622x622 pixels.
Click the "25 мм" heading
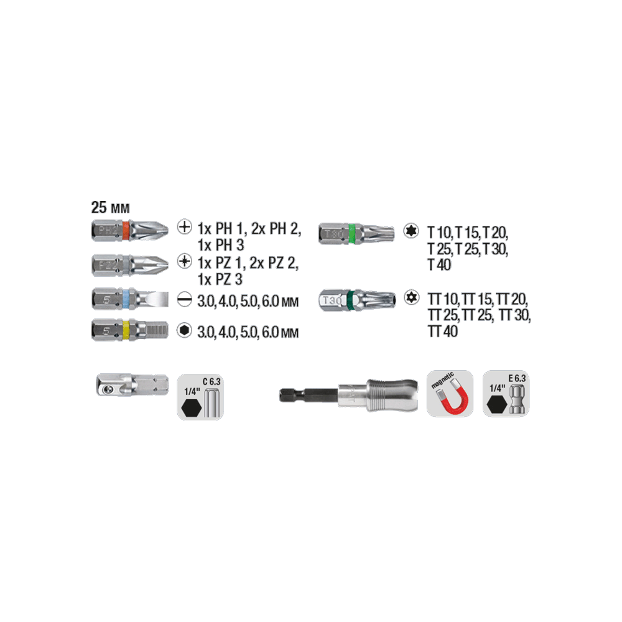tap(110, 208)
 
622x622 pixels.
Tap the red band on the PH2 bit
tap(126, 230)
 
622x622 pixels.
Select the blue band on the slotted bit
tap(126, 299)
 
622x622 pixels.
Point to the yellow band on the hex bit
tap(126, 330)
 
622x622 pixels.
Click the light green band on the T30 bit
tap(351, 234)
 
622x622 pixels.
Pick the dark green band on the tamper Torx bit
tap(350, 300)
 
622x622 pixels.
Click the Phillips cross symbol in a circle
tap(185, 227)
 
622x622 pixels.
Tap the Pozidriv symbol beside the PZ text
tap(185, 261)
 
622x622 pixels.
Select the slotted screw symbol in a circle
tap(185, 300)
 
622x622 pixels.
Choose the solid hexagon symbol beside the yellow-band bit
tap(185, 330)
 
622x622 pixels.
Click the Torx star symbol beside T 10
tap(411, 231)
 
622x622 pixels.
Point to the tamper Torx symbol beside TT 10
tap(412, 297)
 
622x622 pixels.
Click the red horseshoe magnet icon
tap(452, 398)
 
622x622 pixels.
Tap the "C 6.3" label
tap(211, 382)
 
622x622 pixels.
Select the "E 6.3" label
tap(517, 378)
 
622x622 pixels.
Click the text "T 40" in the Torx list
tap(439, 264)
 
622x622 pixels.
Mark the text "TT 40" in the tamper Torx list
tap(443, 332)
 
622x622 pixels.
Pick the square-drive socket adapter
tap(132, 385)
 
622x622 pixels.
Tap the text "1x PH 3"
tap(221, 245)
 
